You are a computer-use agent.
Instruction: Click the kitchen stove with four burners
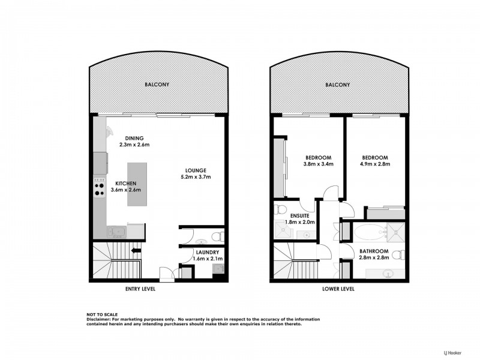click(100, 190)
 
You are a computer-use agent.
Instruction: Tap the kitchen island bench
click(136, 184)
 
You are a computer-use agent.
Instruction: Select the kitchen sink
click(115, 232)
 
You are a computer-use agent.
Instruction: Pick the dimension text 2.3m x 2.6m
click(133, 145)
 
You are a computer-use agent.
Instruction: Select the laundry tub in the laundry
click(217, 269)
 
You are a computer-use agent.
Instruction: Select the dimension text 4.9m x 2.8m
click(375, 163)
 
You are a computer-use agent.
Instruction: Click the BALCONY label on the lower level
click(337, 85)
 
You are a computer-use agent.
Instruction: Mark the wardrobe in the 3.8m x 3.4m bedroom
click(279, 168)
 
